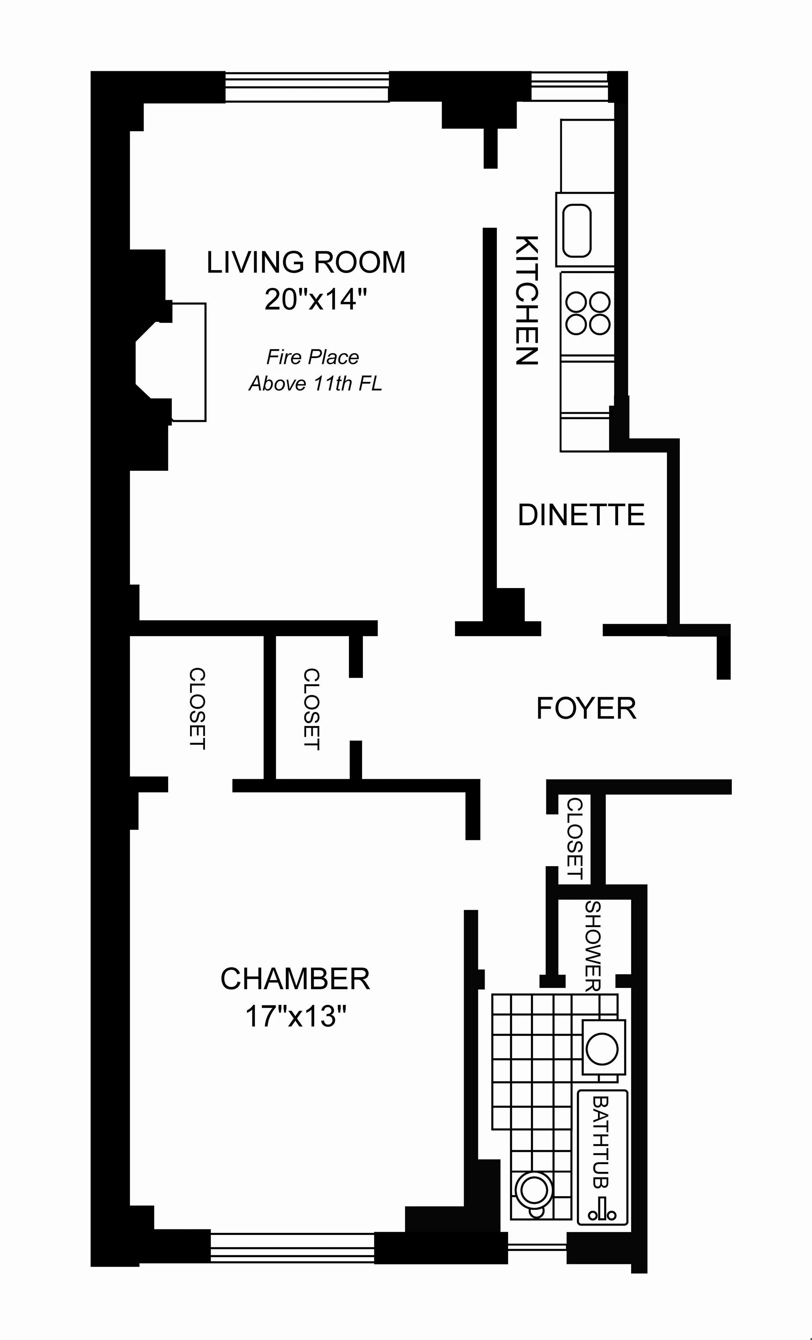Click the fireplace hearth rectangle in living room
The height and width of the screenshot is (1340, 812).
[x=189, y=362]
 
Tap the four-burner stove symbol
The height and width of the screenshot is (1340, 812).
[x=587, y=314]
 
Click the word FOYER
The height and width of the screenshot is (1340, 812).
[x=586, y=709]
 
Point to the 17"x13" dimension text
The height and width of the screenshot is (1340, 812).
[x=296, y=1015]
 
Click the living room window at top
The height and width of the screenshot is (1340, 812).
[x=307, y=87]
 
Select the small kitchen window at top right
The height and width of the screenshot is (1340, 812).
[x=569, y=87]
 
